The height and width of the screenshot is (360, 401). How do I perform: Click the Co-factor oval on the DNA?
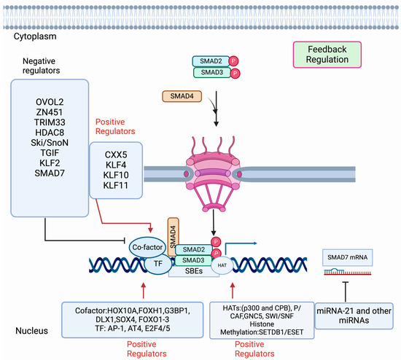point(148,248)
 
